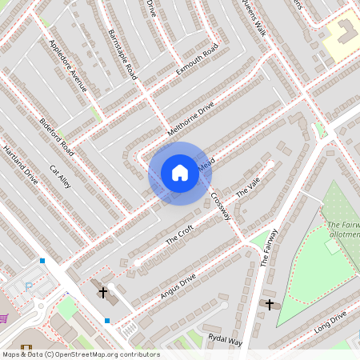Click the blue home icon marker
click(x=179, y=173)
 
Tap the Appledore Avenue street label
click(x=67, y=66)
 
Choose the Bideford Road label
click(x=57, y=137)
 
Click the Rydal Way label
click(x=224, y=340)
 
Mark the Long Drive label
click(x=330, y=322)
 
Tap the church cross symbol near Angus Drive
click(x=102, y=293)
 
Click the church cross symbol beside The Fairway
click(x=270, y=304)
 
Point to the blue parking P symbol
click(x=30, y=286)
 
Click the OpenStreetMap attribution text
click(x=80, y=354)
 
